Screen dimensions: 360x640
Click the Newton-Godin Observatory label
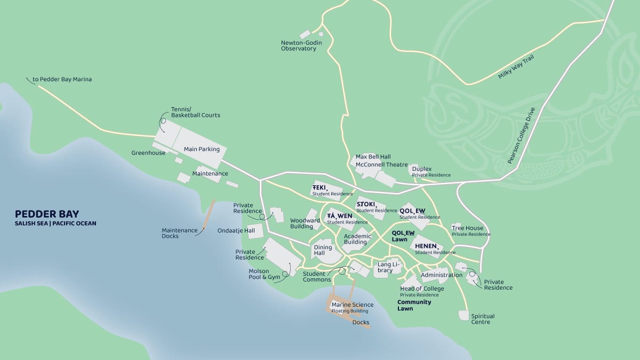click(x=299, y=45)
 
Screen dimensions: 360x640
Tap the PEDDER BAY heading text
click(x=47, y=214)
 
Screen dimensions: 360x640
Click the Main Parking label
click(x=202, y=149)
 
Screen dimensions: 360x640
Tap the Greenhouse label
click(x=148, y=153)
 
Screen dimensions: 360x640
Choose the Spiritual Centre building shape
click(x=463, y=315)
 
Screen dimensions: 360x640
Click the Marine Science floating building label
click(x=352, y=308)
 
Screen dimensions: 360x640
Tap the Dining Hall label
click(x=323, y=250)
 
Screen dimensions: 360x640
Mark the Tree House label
click(x=467, y=228)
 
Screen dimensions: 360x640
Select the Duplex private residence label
click(x=422, y=169)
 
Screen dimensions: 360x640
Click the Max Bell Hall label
click(x=373, y=157)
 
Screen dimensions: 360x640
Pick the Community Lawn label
click(x=414, y=305)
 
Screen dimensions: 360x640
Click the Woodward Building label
click(x=305, y=223)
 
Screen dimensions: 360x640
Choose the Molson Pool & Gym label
click(x=264, y=274)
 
